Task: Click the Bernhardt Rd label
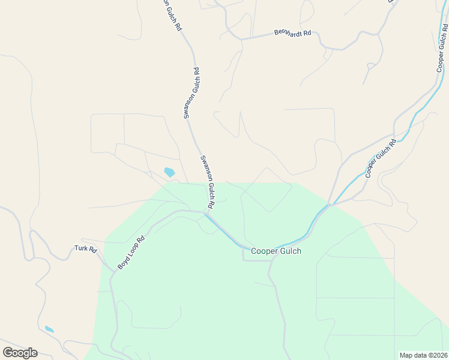click(292, 33)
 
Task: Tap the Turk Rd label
click(85, 248)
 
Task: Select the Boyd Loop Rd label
click(131, 251)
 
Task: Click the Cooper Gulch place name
click(276, 251)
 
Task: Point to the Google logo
click(20, 353)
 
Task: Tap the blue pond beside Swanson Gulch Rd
click(169, 172)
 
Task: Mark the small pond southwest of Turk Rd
click(49, 329)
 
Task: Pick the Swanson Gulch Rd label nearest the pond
click(207, 182)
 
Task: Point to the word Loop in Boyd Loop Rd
click(132, 251)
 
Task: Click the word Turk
click(82, 248)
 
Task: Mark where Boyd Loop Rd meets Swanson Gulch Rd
click(205, 212)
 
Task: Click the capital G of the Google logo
click(8, 353)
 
